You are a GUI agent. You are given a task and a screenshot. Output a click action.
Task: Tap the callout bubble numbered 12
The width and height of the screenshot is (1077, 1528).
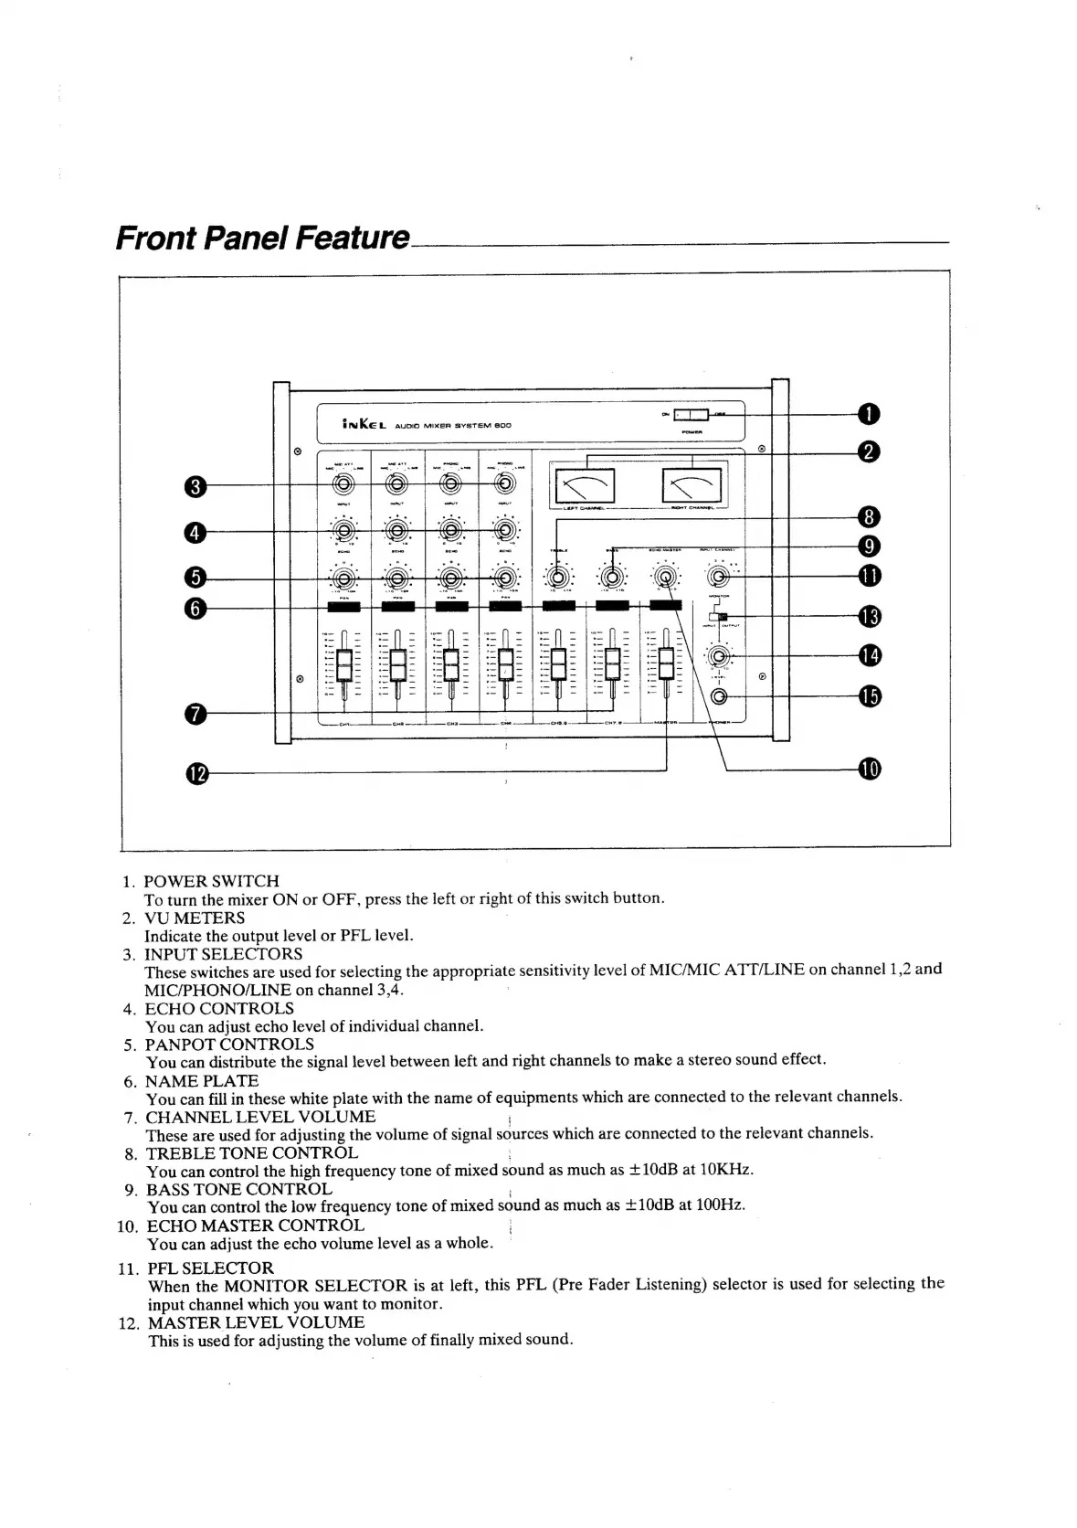coord(197,774)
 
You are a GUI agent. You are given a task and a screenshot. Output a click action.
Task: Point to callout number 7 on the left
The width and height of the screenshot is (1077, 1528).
coord(197,714)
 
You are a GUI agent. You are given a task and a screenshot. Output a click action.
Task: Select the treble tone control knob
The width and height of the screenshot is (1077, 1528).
coord(560,577)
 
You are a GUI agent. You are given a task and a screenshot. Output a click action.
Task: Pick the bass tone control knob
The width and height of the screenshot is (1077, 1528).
coord(613,577)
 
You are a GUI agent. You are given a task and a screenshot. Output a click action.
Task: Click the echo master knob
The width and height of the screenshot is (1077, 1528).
coord(666,577)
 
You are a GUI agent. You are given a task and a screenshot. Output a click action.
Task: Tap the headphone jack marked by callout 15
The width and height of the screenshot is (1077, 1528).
coord(719,697)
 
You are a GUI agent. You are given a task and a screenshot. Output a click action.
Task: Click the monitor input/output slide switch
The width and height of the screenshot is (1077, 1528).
coord(721,618)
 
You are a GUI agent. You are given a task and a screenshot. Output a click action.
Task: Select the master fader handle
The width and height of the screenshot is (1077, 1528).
coord(666,663)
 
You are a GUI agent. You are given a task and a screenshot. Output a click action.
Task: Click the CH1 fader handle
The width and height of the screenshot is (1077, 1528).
coord(344,664)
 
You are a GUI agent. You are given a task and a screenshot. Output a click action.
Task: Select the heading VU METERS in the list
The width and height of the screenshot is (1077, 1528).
coord(195,918)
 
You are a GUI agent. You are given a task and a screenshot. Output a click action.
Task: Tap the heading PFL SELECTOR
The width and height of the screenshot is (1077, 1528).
coord(210,1268)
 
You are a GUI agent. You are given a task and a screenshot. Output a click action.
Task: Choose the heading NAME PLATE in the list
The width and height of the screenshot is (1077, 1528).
coord(202,1081)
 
